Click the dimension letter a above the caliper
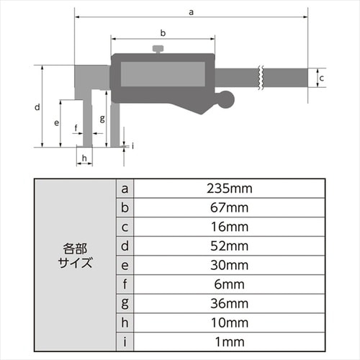pos(190,11)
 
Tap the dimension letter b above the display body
pos(163,33)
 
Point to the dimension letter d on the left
pos(37,107)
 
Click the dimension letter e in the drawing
pos(56,122)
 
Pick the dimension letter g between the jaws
pos(103,118)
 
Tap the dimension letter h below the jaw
pos(84,158)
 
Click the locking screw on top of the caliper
pos(158,49)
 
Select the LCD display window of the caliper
pos(160,74)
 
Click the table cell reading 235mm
pos(228,189)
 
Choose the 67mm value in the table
pos(228,208)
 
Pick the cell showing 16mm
pos(228,227)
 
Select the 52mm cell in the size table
pos(228,246)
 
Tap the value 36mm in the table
pos(228,302)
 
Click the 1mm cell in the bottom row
pos(228,340)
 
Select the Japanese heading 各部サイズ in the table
pos(75,255)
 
